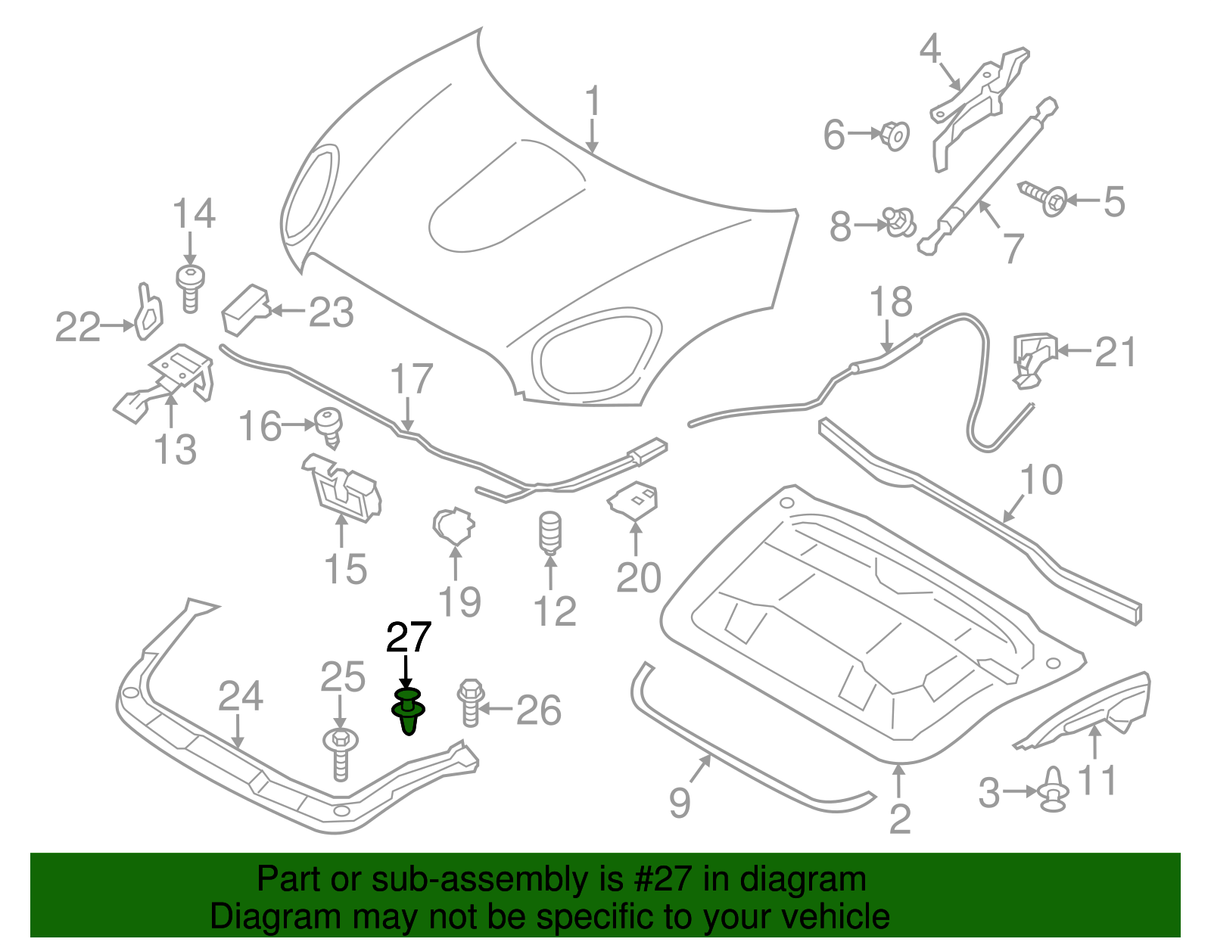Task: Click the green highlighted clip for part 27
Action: pos(408,711)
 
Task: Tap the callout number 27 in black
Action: pos(409,638)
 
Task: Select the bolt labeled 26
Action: pos(470,703)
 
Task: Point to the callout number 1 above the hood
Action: pos(593,102)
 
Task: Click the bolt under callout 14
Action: pos(191,287)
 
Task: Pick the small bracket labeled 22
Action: pos(149,312)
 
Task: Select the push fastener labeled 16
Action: pos(328,426)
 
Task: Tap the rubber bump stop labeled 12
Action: pos(551,533)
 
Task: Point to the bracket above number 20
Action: pos(634,502)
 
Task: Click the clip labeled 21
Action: pos(1032,358)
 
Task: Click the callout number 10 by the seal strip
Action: pos(1041,480)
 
